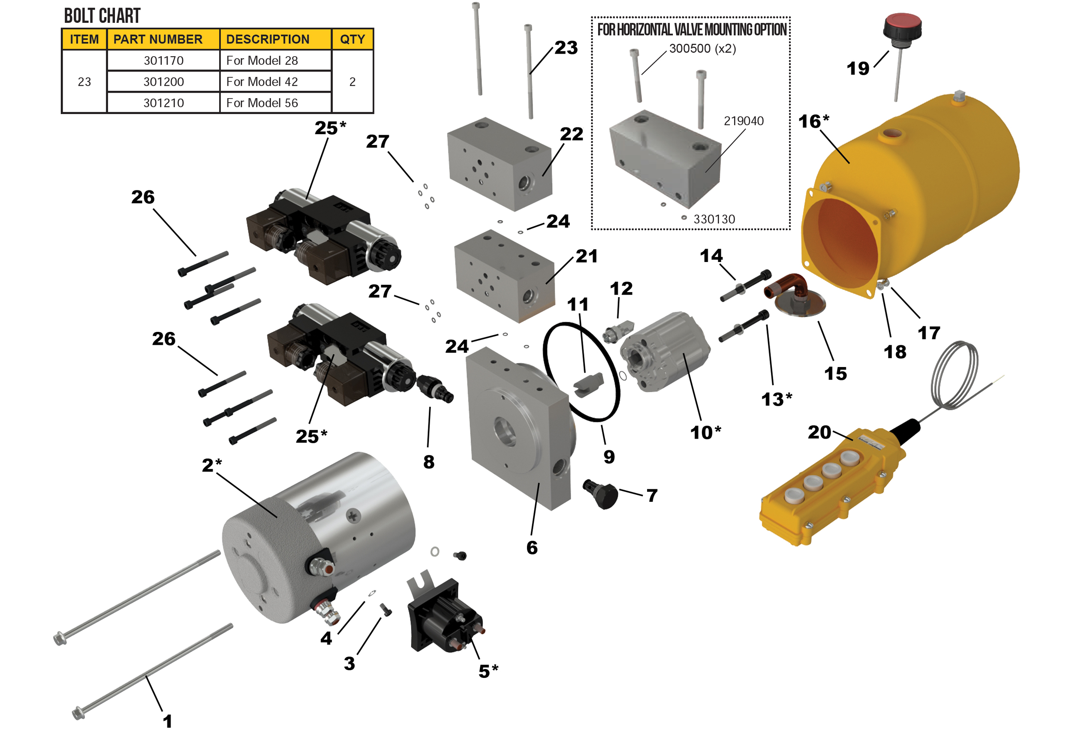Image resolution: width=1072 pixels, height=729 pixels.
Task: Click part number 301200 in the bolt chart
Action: coord(163,81)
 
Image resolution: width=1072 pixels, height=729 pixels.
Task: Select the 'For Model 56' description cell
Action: coord(262,103)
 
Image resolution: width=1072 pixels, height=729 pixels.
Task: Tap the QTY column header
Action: coord(352,39)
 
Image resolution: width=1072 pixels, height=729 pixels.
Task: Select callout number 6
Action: coord(532,547)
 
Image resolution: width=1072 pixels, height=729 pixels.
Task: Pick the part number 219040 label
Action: coord(743,121)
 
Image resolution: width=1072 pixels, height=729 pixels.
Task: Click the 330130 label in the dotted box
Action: coord(714,219)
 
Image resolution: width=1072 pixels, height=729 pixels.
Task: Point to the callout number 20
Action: coord(819,432)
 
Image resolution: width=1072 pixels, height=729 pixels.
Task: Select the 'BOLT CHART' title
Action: coord(102,16)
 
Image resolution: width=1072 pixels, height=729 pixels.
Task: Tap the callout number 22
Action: coord(571,134)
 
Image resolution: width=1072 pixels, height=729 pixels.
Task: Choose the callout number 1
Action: coord(167,721)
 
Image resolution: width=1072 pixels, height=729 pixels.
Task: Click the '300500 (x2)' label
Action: coord(702,48)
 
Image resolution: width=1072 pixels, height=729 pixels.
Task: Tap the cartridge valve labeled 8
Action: coord(435,389)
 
